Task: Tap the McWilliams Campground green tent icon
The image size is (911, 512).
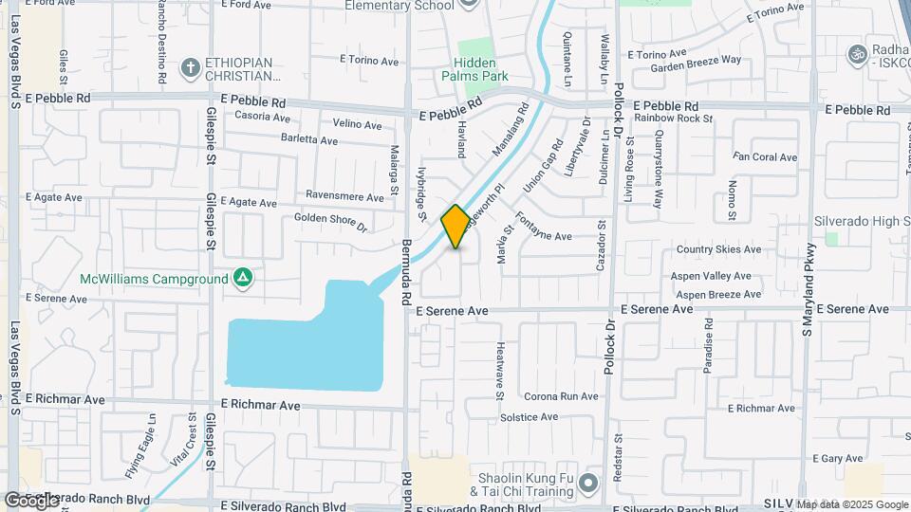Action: (x=243, y=278)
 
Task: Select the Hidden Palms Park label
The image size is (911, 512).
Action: (x=474, y=69)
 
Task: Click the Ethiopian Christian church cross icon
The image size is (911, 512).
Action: (x=190, y=67)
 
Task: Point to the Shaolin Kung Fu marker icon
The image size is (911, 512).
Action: (x=587, y=485)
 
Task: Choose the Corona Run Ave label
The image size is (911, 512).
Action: (x=562, y=396)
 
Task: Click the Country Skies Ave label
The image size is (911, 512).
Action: (x=718, y=249)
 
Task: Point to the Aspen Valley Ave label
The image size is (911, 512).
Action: (x=712, y=276)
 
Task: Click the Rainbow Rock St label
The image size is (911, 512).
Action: (x=674, y=119)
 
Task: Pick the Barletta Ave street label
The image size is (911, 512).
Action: (x=309, y=140)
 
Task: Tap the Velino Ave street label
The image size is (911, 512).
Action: (x=357, y=124)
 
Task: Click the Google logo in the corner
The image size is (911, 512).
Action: (x=31, y=500)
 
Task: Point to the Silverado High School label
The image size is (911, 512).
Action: (x=861, y=221)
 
